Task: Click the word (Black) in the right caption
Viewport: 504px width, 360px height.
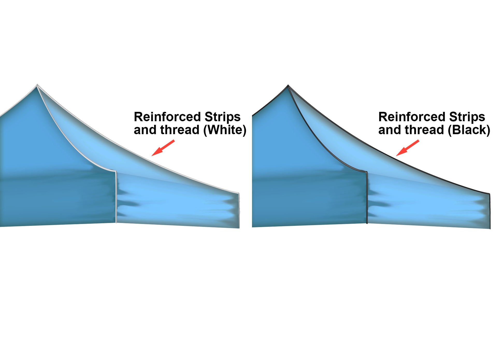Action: point(469,130)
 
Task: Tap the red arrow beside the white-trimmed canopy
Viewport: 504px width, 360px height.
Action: point(163,148)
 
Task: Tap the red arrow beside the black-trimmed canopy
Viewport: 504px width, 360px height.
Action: point(407,148)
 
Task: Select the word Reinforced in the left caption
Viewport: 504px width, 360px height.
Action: point(167,117)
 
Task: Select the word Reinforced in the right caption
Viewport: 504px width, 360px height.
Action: point(412,117)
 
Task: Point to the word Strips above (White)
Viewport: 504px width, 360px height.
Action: point(222,117)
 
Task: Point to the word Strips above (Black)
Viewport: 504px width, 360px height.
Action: point(467,117)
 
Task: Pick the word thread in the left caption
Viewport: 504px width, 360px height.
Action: point(179,130)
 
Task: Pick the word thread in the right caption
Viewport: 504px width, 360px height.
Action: point(424,130)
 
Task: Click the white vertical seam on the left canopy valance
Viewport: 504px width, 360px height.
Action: point(116,197)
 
